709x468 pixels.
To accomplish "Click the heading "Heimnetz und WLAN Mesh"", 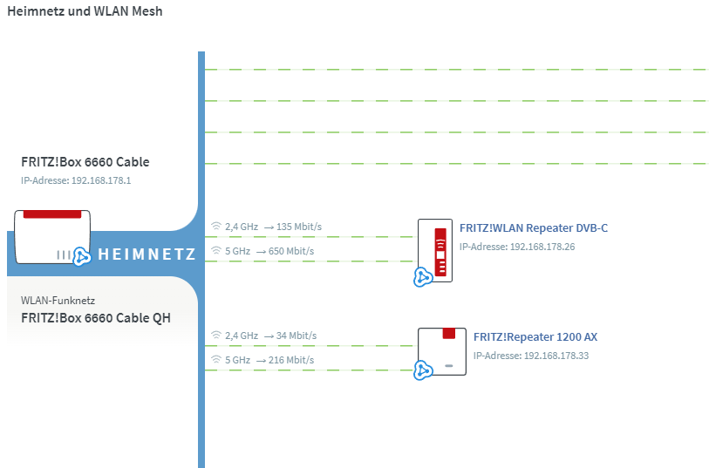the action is (85, 11).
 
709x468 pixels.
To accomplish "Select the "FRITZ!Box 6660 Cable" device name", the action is (85, 162).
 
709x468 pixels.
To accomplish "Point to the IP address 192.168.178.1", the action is (101, 180).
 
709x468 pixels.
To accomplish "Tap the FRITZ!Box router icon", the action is (52, 237).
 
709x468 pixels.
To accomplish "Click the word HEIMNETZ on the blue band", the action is (147, 254).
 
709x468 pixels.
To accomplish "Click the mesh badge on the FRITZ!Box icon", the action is (81, 256).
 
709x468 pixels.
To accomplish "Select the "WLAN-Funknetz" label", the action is (58, 301).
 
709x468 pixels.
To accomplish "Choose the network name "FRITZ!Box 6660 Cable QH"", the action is (96, 318).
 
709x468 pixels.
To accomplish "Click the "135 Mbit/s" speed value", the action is (299, 227).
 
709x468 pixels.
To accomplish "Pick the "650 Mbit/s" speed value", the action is (291, 251).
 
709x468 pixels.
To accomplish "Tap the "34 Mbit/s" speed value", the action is (297, 336).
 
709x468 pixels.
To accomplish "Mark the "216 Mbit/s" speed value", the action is (291, 360).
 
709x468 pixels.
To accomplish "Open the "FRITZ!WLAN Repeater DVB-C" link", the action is (534, 228).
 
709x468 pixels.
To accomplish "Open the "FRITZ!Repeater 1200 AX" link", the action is (535, 337).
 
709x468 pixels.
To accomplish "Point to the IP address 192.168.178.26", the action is (542, 247).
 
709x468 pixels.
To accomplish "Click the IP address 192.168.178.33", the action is (556, 356).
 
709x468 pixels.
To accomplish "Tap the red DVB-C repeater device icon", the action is (435, 251).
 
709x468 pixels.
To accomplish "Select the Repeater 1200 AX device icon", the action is (442, 351).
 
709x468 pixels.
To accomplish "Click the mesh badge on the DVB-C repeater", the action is (423, 277).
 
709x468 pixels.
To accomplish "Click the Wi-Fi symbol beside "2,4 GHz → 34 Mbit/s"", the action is (216, 336).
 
